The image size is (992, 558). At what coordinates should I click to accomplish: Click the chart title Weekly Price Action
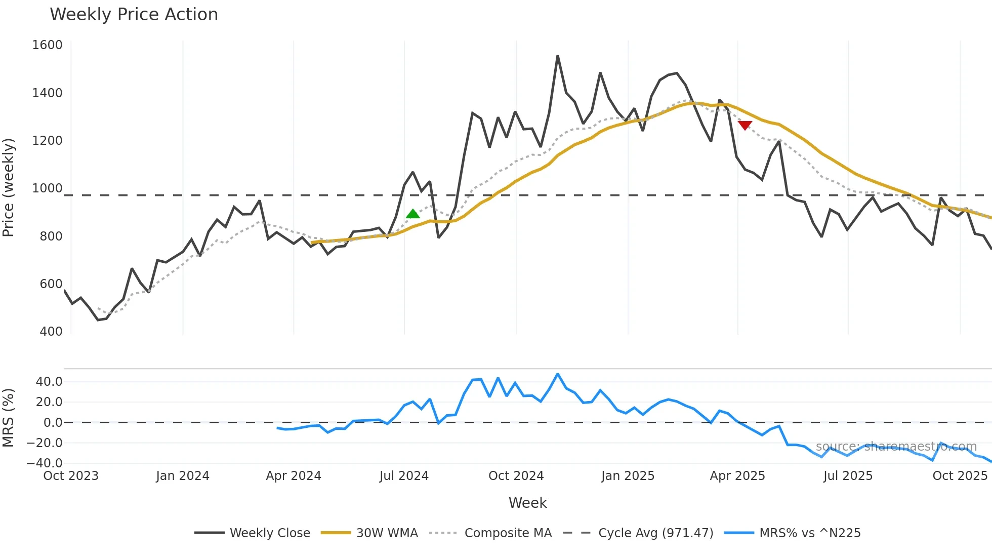(134, 15)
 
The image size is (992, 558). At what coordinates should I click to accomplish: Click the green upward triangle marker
(413, 214)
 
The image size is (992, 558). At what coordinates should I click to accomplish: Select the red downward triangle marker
(745, 125)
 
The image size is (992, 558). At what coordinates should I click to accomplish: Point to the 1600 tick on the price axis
(47, 45)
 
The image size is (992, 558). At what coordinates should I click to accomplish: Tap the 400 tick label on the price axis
(51, 332)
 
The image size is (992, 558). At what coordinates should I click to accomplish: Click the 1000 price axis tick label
(47, 188)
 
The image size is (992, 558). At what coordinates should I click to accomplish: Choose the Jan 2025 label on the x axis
(628, 476)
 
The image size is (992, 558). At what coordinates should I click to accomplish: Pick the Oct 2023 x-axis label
(71, 476)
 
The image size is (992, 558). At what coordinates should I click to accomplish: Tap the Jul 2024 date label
(404, 476)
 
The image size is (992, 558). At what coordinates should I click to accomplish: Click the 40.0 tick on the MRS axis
(49, 382)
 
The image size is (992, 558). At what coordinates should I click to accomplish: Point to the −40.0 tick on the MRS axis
(45, 463)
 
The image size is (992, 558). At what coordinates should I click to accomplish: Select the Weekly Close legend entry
(269, 533)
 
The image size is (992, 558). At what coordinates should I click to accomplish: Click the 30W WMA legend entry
(387, 533)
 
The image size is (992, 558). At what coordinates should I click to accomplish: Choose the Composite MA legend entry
(508, 533)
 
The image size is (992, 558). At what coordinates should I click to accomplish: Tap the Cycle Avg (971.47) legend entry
(655, 533)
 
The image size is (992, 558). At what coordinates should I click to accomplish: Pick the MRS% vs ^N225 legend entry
(810, 533)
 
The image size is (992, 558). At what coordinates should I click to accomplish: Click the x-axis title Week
(527, 503)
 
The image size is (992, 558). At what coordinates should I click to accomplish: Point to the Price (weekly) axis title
(8, 187)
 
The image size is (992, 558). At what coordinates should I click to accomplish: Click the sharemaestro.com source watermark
(896, 447)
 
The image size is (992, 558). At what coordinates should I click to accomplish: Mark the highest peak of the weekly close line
(558, 56)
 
